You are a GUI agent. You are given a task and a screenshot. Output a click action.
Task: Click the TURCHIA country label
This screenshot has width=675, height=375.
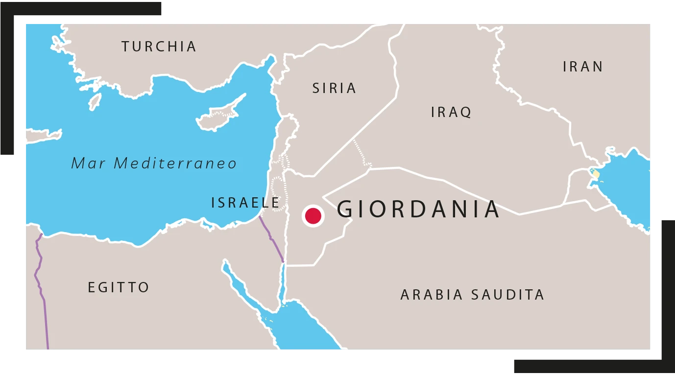(159, 47)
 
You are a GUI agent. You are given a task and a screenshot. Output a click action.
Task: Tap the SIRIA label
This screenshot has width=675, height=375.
(335, 88)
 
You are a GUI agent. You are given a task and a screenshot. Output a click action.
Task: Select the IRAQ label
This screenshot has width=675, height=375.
(451, 112)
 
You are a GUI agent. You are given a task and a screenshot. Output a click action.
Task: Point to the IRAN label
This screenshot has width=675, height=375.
(583, 67)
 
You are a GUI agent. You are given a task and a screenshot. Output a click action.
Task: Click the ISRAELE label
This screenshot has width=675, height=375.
(245, 202)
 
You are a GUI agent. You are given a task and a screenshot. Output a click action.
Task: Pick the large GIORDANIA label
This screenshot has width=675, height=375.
(418, 209)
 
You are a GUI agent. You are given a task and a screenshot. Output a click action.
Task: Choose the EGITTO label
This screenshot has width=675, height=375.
(119, 287)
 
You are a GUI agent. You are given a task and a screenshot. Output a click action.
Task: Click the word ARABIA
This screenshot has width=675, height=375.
(432, 295)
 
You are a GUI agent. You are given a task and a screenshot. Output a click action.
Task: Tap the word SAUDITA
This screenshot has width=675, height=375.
(507, 295)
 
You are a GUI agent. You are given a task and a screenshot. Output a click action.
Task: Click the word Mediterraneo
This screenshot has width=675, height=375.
(175, 163)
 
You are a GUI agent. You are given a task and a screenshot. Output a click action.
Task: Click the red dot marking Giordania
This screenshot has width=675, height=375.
(313, 216)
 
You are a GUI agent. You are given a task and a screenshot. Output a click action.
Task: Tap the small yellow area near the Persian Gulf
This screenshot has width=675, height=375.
(596, 174)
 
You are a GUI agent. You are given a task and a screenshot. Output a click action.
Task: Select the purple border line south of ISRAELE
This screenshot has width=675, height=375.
(272, 239)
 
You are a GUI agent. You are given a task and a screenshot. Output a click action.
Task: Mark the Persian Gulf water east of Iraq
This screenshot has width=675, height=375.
(629, 186)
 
